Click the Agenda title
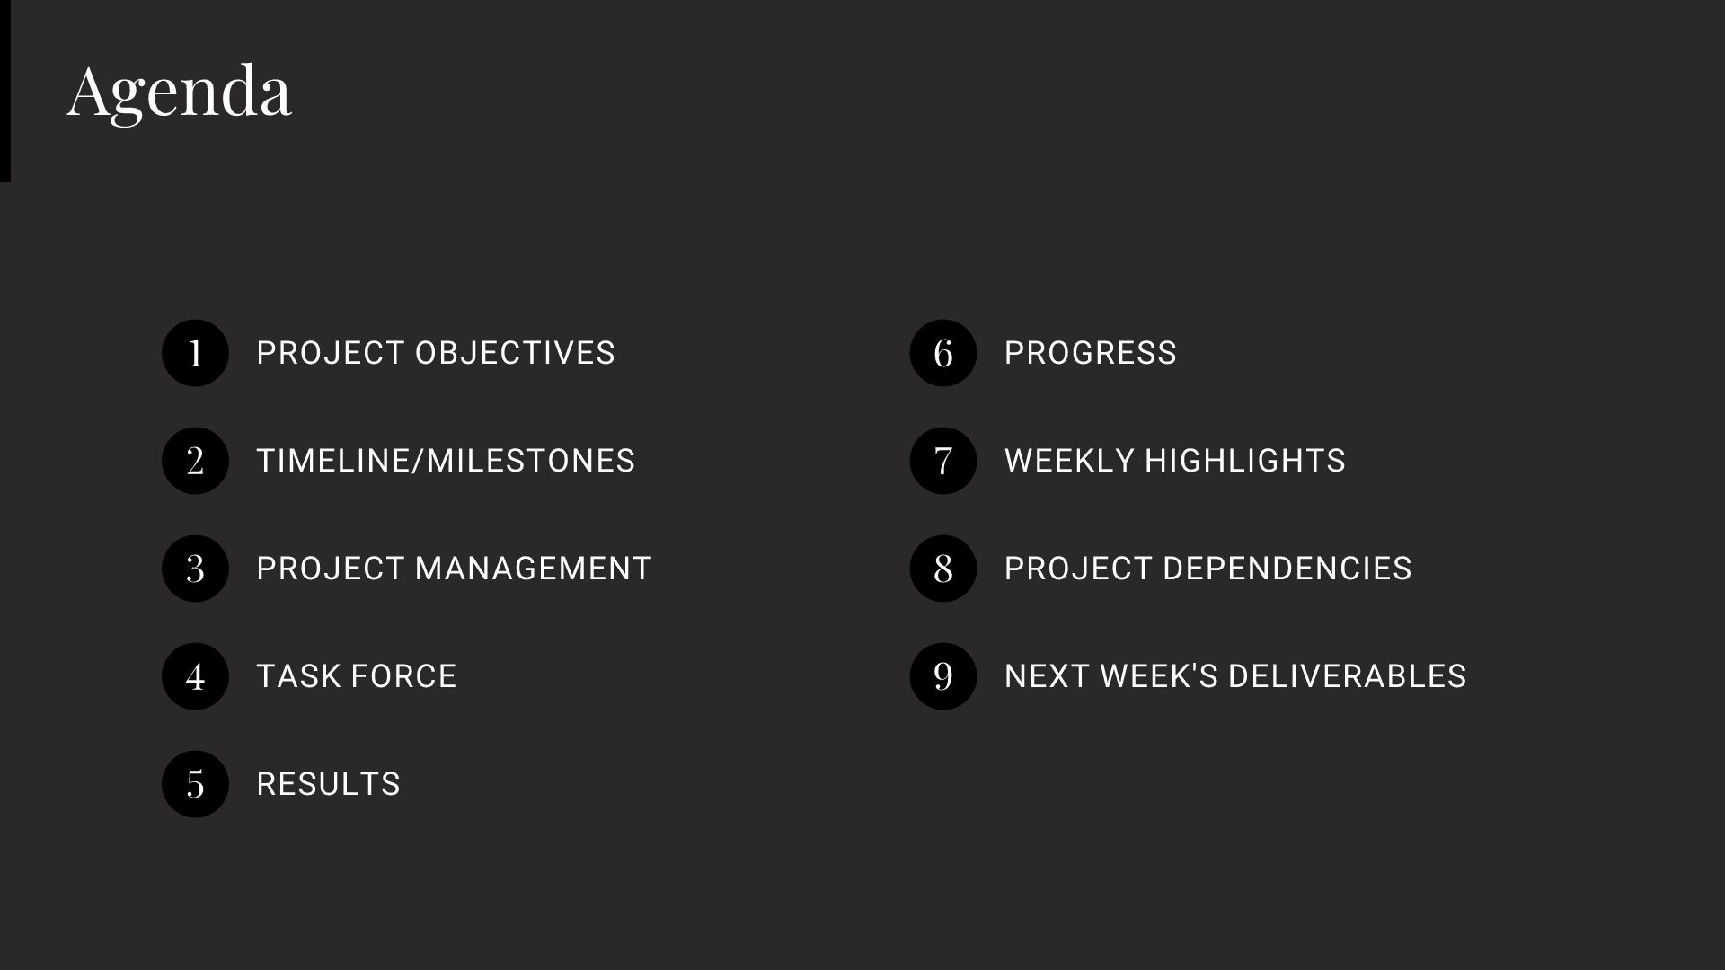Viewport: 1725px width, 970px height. coord(180,92)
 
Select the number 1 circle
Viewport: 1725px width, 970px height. coord(195,353)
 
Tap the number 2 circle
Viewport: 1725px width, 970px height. coord(195,461)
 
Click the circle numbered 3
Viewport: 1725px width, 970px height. coord(195,569)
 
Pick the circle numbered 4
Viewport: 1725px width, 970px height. coord(195,676)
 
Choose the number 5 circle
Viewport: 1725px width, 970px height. coord(195,784)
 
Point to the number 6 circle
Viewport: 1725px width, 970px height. coord(942,353)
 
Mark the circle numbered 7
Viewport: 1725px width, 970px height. coord(942,461)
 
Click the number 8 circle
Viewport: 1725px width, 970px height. coord(942,569)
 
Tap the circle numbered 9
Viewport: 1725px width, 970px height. coord(942,676)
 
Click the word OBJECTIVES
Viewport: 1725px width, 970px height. coord(514,353)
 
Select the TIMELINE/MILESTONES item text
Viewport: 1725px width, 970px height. coord(446,461)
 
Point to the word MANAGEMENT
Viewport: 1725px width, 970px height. coord(533,569)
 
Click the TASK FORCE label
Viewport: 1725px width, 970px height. coord(357,676)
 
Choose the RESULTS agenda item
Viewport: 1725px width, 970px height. coord(328,784)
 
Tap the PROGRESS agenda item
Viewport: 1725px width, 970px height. coord(1090,353)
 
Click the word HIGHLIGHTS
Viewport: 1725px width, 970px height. coord(1244,461)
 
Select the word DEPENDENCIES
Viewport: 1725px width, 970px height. coord(1287,569)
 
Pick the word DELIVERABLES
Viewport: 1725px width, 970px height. coord(1347,676)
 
